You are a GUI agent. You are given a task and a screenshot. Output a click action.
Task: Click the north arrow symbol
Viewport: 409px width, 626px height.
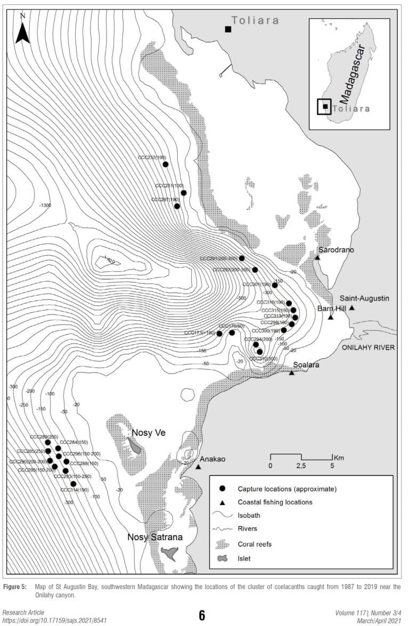click(x=22, y=30)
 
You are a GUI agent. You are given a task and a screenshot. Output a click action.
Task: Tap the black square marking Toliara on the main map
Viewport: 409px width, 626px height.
click(x=228, y=29)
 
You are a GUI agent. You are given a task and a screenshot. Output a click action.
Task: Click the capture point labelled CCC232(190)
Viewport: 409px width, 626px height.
click(x=166, y=165)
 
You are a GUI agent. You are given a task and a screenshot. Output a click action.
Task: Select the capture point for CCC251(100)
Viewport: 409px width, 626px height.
click(x=184, y=193)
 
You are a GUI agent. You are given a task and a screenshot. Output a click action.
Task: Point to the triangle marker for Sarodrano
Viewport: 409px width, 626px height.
click(x=317, y=258)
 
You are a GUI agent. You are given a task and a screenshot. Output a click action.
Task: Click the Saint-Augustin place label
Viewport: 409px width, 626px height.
click(x=354, y=299)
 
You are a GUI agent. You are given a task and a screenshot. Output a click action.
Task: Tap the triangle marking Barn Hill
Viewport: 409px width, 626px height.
click(x=331, y=318)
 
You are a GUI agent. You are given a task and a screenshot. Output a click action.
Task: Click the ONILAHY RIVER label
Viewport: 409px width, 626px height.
click(x=368, y=347)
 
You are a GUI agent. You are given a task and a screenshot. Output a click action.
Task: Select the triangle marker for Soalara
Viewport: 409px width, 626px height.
click(x=292, y=372)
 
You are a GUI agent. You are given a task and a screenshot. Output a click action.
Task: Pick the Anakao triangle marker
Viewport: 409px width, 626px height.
click(x=198, y=467)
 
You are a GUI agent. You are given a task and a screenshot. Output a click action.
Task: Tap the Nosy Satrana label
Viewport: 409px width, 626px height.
click(x=154, y=537)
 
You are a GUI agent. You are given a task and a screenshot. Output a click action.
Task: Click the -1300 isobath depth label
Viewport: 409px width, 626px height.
click(x=45, y=205)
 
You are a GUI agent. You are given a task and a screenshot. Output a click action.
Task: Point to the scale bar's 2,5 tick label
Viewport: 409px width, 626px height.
click(x=301, y=466)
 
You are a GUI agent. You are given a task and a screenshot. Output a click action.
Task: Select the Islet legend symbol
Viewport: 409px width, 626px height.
click(x=223, y=558)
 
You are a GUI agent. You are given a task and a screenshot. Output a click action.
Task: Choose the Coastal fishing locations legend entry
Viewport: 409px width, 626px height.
click(x=275, y=502)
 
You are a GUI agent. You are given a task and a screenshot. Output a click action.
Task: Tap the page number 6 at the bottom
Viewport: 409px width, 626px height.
click(x=202, y=615)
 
